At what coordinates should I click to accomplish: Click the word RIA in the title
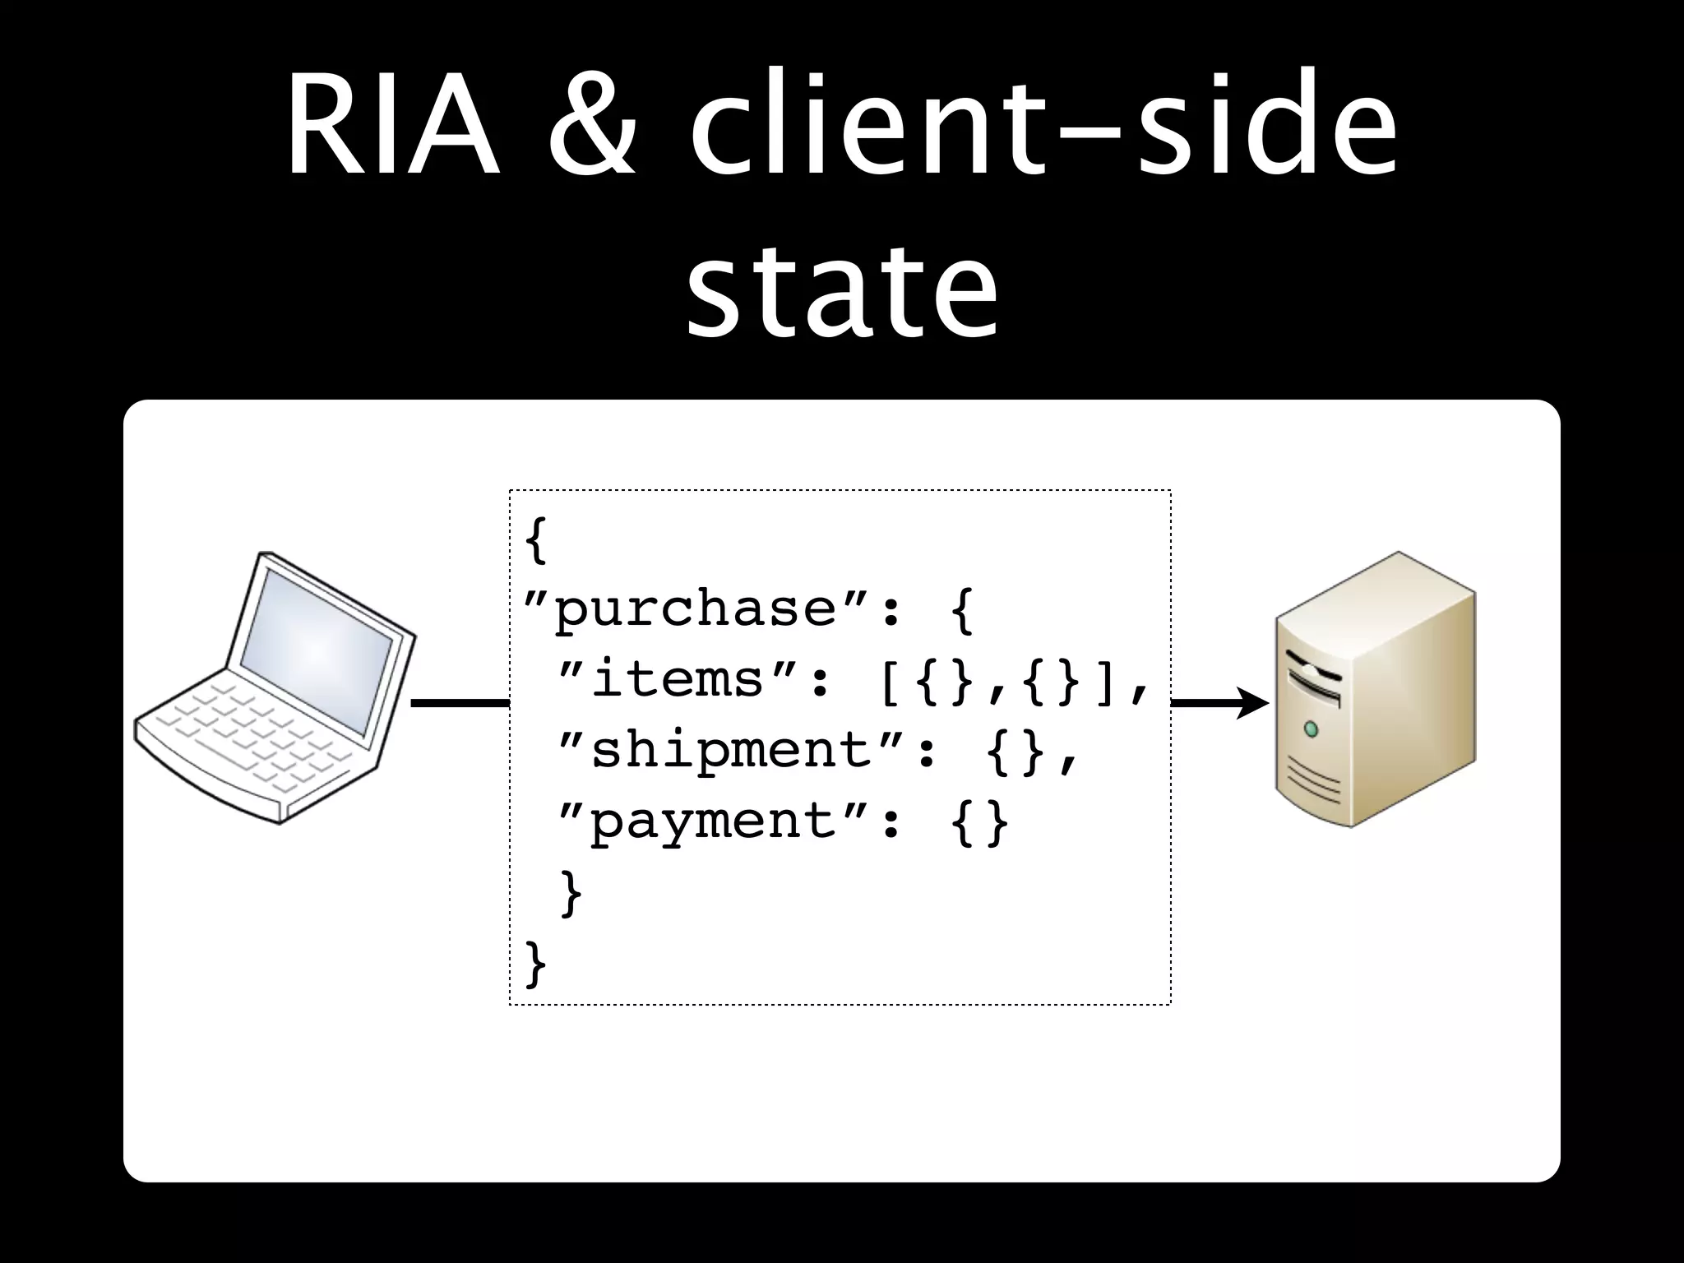[393, 130]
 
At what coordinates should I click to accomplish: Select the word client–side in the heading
[1043, 130]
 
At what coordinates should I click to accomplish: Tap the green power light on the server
[1312, 729]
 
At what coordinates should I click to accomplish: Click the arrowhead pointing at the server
[1253, 704]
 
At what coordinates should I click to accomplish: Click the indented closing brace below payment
[571, 893]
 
